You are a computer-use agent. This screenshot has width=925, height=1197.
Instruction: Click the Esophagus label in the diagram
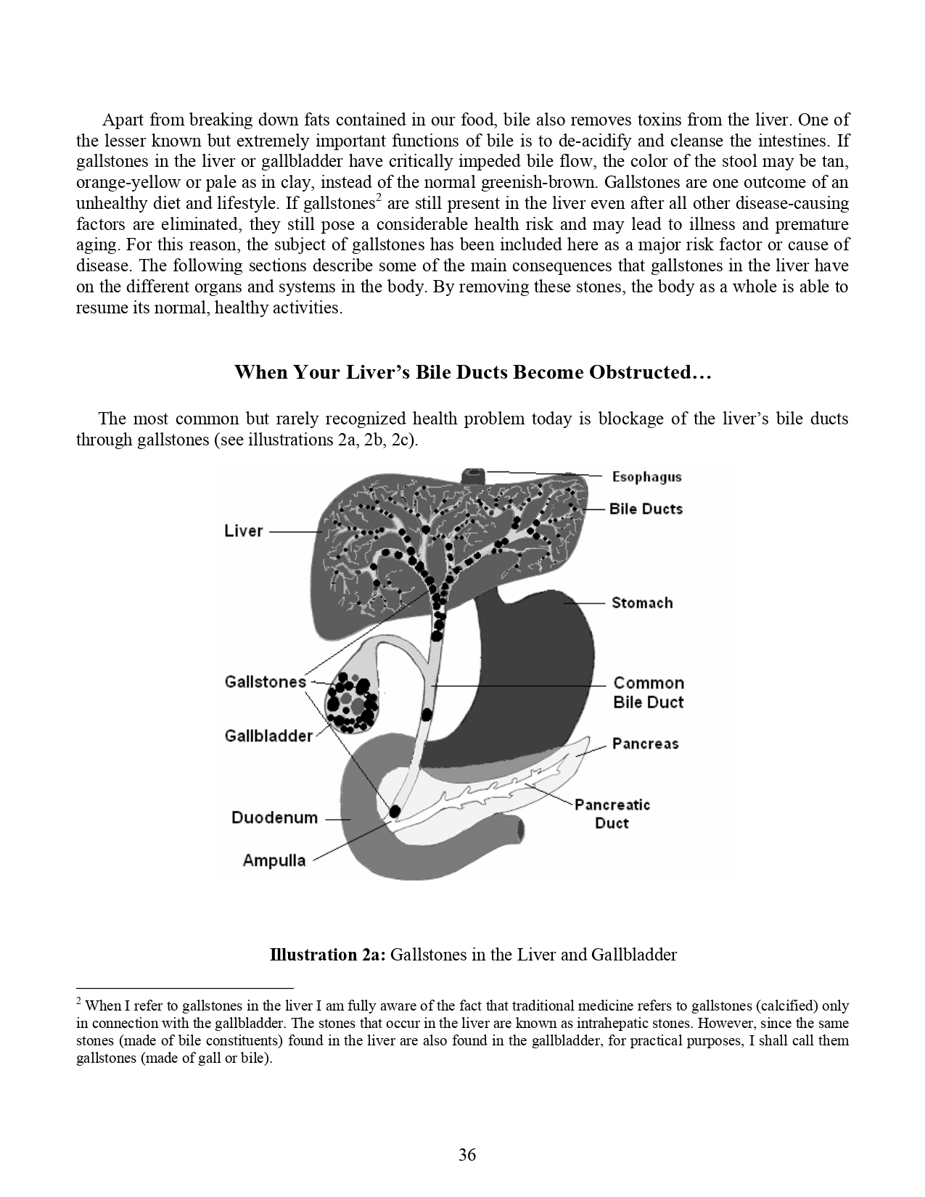pyautogui.click(x=646, y=477)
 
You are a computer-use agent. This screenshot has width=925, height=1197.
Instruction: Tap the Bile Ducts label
pyautogui.click(x=646, y=509)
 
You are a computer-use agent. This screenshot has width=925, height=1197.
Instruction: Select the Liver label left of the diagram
pyautogui.click(x=243, y=531)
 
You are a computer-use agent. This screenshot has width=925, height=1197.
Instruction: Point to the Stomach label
pyautogui.click(x=641, y=603)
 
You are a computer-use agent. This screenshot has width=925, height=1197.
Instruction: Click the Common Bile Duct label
pyautogui.click(x=648, y=693)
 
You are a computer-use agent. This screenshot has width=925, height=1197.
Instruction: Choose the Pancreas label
pyautogui.click(x=645, y=744)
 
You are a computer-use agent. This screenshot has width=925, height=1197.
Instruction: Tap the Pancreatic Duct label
pyautogui.click(x=612, y=814)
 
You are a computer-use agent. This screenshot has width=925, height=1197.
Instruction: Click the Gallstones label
pyautogui.click(x=266, y=682)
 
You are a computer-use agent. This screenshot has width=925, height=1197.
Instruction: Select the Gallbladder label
pyautogui.click(x=268, y=736)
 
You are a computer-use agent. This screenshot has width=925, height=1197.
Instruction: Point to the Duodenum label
pyautogui.click(x=274, y=818)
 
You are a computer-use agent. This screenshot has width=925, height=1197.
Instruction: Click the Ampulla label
pyautogui.click(x=274, y=860)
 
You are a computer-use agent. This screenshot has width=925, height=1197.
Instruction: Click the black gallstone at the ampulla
pyautogui.click(x=395, y=810)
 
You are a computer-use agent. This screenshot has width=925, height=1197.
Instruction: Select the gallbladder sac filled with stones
pyautogui.click(x=352, y=700)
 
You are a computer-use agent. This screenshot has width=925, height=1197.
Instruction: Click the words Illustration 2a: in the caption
pyautogui.click(x=328, y=954)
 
